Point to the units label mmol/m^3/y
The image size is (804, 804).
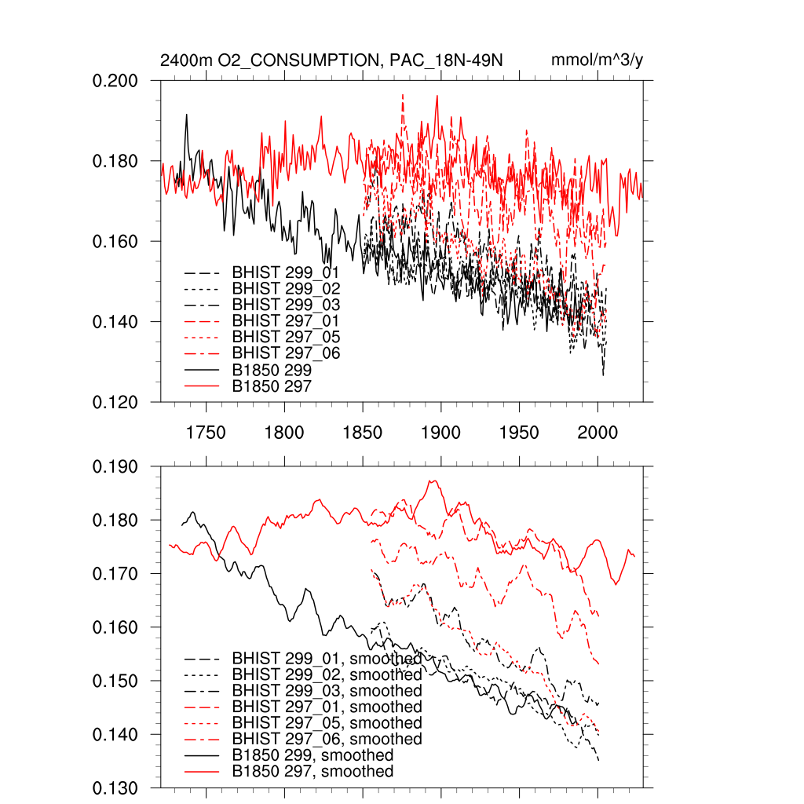click(598, 60)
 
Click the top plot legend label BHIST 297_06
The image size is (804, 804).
click(286, 353)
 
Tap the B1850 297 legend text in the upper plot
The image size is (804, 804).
click(272, 386)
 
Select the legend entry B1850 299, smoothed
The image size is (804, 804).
click(312, 755)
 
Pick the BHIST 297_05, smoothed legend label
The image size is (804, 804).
click(327, 722)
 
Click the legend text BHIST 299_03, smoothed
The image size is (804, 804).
click(327, 690)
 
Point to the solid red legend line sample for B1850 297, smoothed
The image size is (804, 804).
click(201, 772)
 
